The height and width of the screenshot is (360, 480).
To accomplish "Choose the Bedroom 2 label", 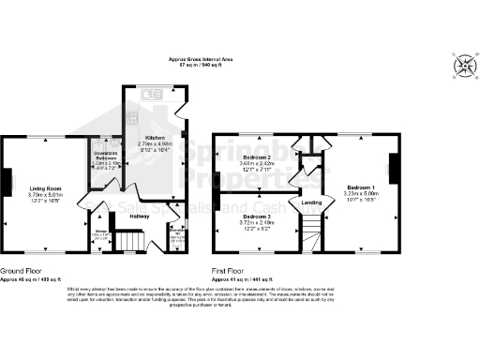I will point(257,157).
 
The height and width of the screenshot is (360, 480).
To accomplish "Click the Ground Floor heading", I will point(21,273).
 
